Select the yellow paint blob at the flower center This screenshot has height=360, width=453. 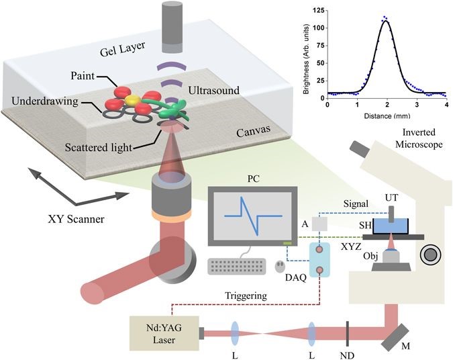click(132, 101)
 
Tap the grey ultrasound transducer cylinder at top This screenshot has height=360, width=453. click(176, 28)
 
